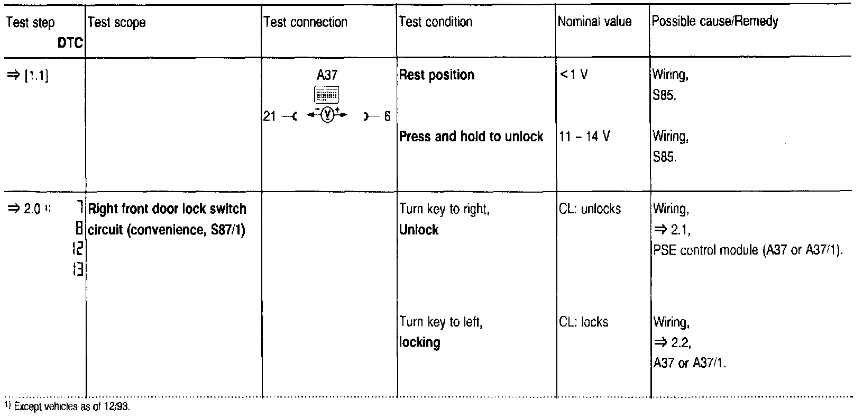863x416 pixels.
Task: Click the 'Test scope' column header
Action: [116, 22]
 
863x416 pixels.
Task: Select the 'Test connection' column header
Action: [305, 22]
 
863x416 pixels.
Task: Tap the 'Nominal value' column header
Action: [595, 22]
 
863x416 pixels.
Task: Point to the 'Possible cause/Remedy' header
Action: [715, 22]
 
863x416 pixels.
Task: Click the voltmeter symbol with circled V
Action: [328, 115]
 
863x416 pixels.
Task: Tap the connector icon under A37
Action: [327, 95]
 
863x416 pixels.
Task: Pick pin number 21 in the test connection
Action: [270, 116]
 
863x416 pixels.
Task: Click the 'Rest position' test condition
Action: [436, 75]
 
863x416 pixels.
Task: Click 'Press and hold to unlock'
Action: [471, 137]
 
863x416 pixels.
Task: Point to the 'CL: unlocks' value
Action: [590, 209]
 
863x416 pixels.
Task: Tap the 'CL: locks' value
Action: [583, 322]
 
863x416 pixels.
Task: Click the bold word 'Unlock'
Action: [419, 230]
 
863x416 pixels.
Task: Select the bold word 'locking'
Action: [420, 342]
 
